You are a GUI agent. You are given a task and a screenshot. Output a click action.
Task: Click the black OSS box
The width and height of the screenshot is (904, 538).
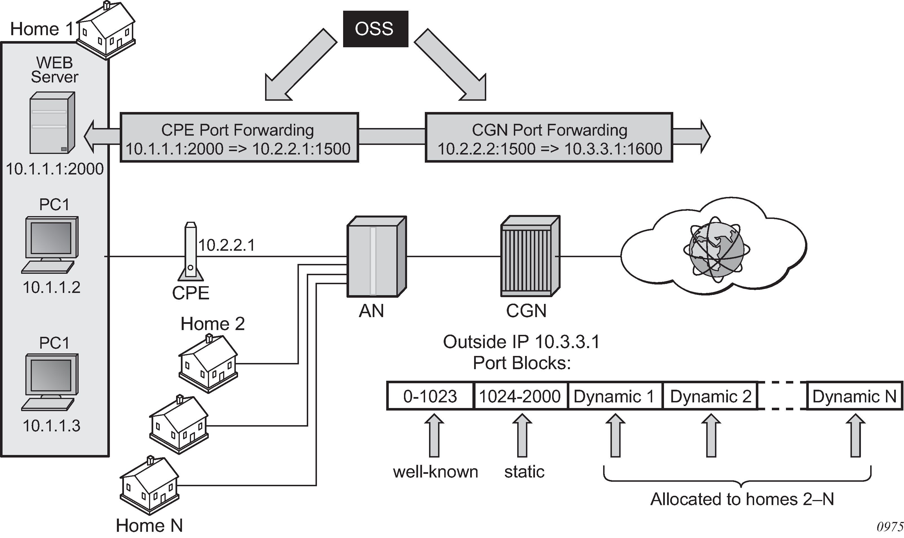coord(375,29)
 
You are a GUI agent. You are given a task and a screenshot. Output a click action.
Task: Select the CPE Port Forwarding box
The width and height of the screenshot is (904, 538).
coord(239,138)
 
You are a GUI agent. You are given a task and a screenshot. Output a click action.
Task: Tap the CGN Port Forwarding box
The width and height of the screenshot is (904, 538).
coord(548,138)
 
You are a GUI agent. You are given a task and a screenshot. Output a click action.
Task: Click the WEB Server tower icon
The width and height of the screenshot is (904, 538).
coord(52,122)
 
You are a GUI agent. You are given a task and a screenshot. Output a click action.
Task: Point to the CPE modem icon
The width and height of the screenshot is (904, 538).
coord(190,252)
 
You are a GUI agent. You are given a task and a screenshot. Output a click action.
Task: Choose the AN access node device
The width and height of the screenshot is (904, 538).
coord(376,257)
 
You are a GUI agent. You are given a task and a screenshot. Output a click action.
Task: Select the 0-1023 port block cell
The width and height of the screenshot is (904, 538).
coord(430,396)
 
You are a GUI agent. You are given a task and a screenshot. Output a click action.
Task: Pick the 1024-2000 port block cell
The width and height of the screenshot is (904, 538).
coord(520,396)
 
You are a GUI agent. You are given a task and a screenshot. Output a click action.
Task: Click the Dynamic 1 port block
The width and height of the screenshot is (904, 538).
coord(614,396)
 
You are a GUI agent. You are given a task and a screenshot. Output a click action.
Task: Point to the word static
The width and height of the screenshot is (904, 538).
coord(524,472)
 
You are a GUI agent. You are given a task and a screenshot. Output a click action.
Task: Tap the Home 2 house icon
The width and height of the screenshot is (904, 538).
coord(208,364)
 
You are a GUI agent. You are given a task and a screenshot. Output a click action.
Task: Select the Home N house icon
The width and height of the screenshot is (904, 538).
coord(149,485)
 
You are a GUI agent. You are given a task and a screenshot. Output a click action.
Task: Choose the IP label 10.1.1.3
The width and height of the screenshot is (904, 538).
coord(51,426)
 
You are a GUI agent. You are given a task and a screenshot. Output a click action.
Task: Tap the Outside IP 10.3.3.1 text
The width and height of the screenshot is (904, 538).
coord(521,342)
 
